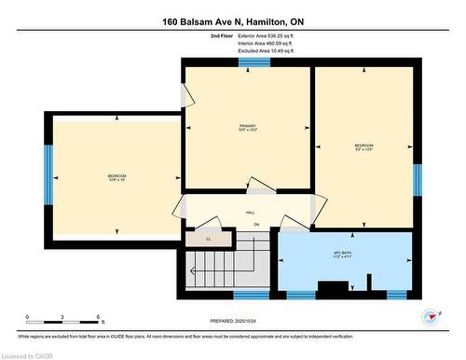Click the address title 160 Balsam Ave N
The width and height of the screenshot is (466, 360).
[232, 21]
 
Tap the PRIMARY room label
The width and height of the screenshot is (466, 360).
[247, 127]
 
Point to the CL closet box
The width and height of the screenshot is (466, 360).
[209, 239]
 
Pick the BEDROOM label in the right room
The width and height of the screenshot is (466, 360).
[363, 146]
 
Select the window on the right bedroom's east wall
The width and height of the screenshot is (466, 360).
[417, 179]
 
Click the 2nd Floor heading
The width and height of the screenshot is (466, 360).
[223, 35]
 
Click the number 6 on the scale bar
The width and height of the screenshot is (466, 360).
[98, 317]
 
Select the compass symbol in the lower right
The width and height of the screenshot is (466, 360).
[430, 317]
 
